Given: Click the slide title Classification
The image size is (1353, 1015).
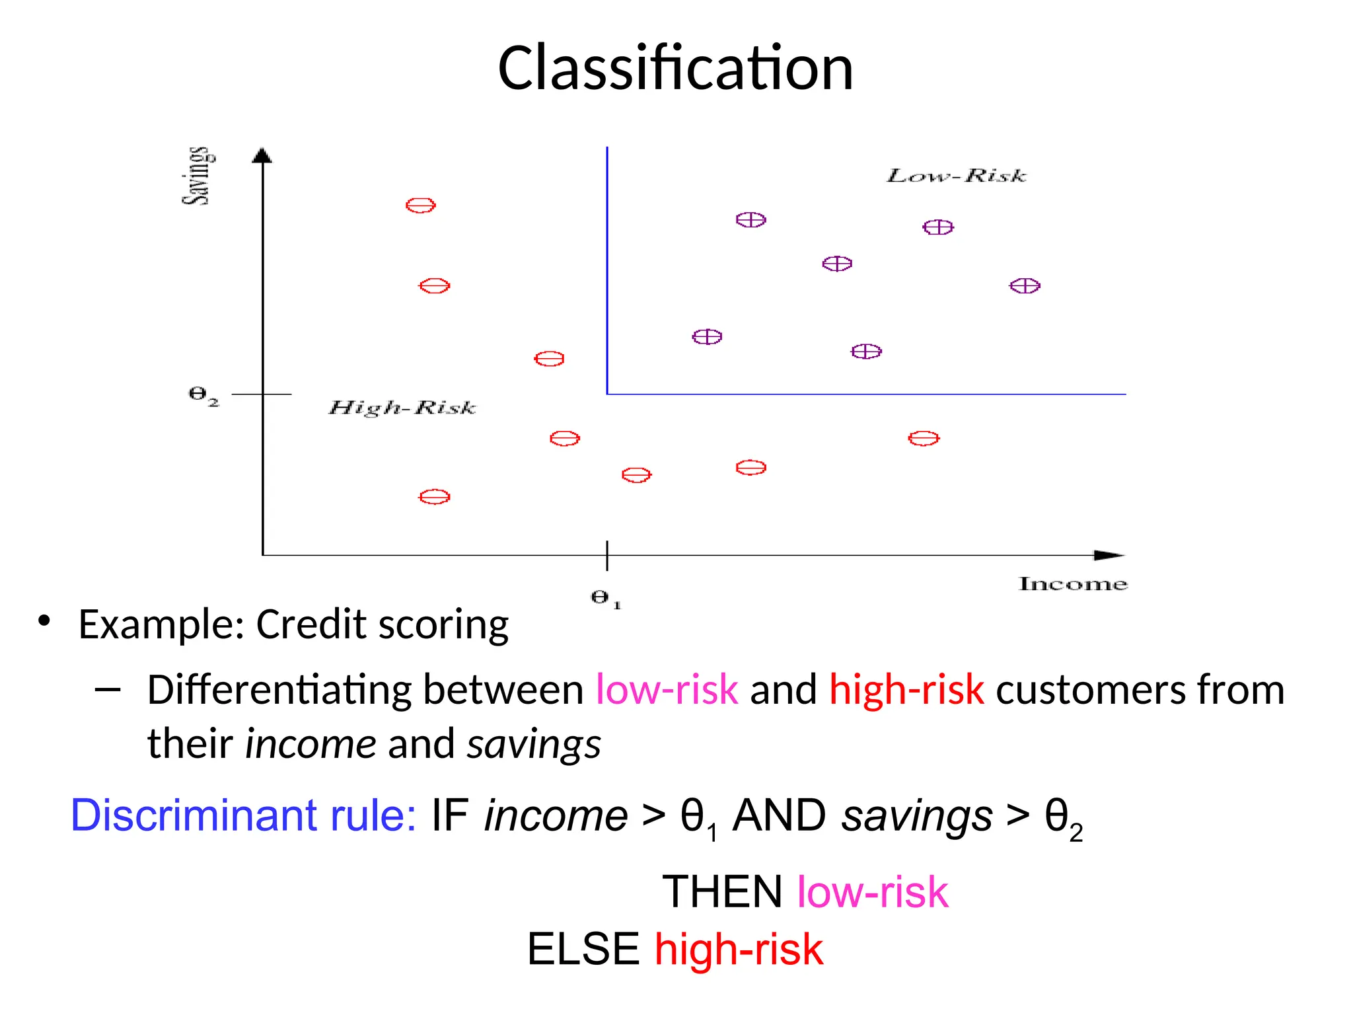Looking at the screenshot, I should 675,68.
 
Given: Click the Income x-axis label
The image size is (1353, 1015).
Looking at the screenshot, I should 1072,584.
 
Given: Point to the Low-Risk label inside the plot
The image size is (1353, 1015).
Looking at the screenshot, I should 956,176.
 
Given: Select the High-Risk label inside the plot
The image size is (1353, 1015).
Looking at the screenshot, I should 402,408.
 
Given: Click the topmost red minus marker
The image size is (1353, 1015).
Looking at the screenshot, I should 420,206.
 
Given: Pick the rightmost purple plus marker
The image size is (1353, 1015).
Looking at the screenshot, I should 1025,286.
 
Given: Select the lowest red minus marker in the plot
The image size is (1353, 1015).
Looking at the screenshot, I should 434,497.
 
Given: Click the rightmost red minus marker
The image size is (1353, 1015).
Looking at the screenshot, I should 924,438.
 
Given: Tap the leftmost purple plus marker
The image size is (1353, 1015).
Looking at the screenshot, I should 707,337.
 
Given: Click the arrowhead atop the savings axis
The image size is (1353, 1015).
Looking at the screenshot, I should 262,155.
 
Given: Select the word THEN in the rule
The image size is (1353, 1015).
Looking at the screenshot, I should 722,891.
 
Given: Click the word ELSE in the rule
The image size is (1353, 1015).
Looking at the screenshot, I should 583,949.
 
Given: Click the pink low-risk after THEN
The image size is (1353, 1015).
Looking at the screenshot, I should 872,891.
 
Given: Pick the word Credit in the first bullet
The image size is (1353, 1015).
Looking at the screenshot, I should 311,624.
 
